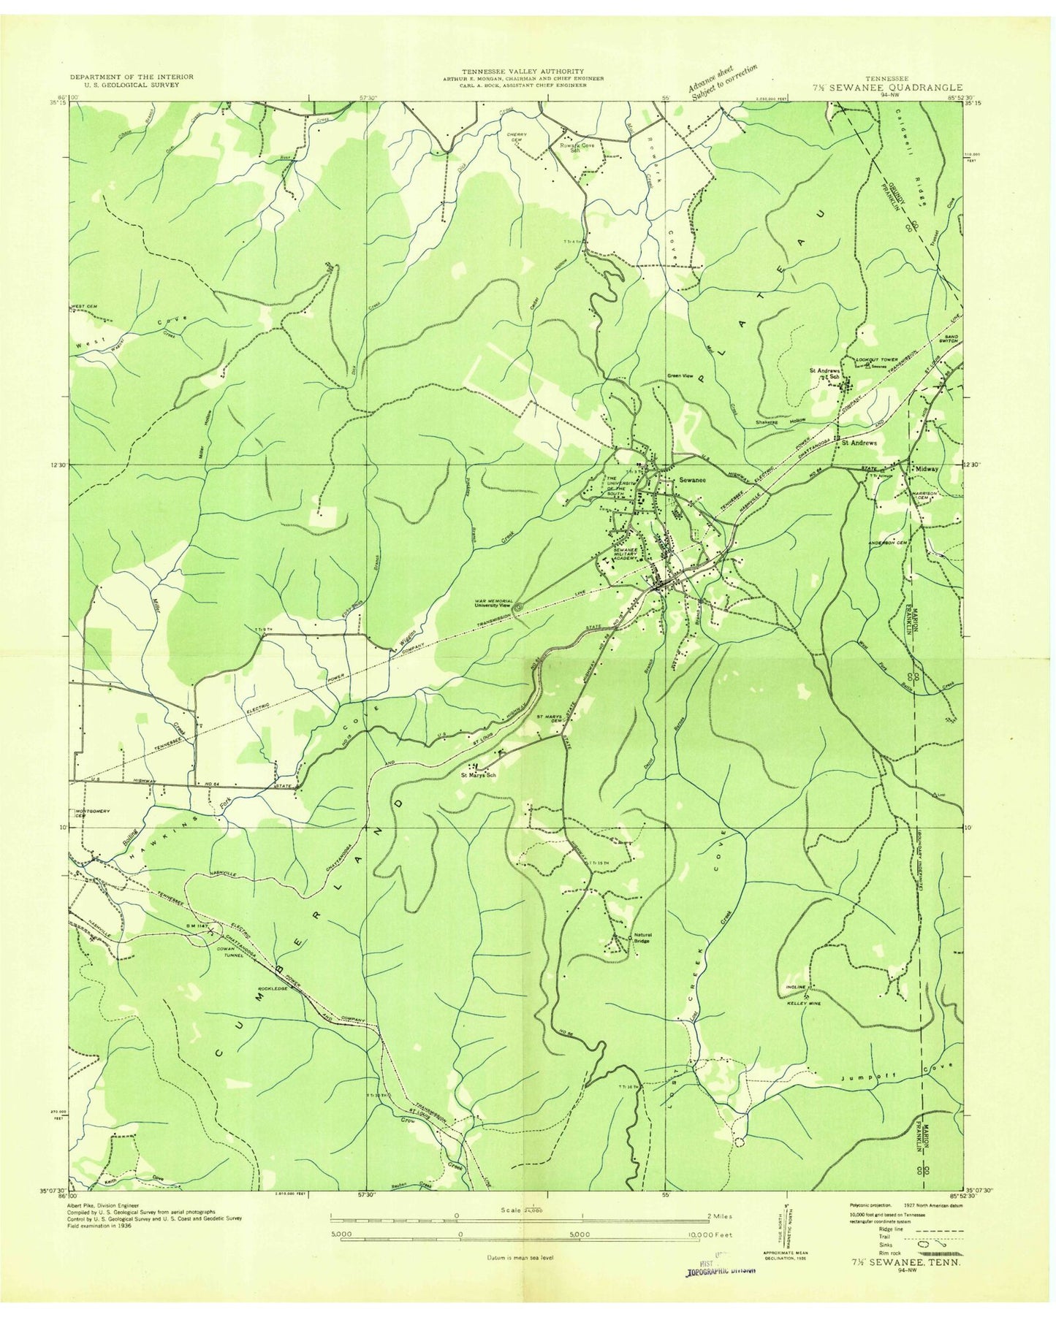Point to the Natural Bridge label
pos(642,938)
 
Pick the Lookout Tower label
pos(875,360)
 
